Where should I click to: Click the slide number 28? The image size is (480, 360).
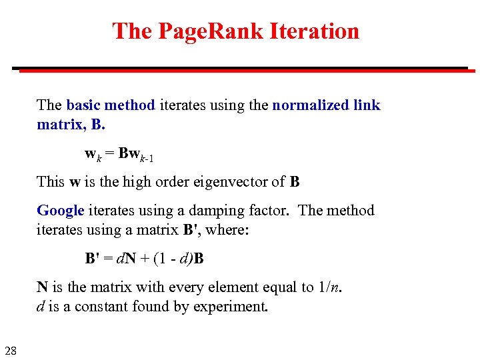[11, 351]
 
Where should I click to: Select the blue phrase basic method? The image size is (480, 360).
[111, 105]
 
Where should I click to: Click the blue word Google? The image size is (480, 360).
[61, 211]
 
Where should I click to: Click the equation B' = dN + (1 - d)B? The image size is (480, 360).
[144, 259]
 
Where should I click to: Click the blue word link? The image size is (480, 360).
[367, 105]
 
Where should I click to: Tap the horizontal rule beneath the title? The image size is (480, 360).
[240, 68]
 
